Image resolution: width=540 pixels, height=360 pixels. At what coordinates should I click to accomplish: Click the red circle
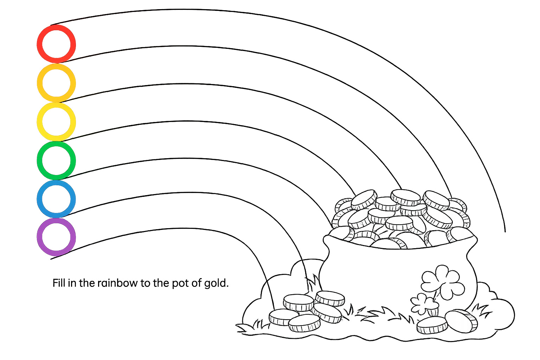56,44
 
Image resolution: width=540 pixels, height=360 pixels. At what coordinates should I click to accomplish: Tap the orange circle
56,83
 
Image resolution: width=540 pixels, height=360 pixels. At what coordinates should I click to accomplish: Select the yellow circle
56,122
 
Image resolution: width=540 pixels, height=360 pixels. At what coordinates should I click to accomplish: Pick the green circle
56,160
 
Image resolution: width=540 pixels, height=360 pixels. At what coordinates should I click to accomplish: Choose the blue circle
56,199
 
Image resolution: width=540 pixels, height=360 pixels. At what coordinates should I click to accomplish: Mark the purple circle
56,237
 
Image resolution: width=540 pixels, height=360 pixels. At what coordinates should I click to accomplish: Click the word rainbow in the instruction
117,283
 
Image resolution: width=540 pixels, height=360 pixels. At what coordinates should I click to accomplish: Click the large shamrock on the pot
443,281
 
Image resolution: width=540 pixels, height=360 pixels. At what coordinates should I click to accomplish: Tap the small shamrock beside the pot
422,303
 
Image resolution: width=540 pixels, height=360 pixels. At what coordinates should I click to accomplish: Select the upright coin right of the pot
461,321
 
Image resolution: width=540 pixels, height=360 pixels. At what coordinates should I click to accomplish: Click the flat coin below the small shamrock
432,325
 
